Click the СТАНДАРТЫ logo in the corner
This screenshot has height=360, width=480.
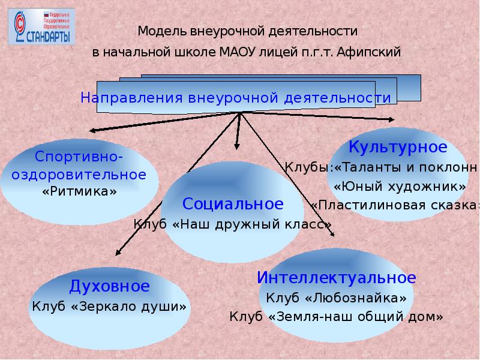pyautogui.click(x=41, y=28)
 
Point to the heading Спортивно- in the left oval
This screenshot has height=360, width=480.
pyautogui.click(x=79, y=157)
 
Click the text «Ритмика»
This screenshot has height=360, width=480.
pyautogui.click(x=79, y=191)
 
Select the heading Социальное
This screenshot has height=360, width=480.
pyautogui.click(x=233, y=204)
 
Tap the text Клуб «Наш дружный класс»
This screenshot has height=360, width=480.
pyautogui.click(x=232, y=224)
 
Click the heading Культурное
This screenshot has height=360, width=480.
pyautogui.click(x=398, y=146)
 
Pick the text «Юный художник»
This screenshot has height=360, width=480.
pyautogui.click(x=400, y=186)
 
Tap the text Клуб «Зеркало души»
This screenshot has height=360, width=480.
pyautogui.click(x=110, y=306)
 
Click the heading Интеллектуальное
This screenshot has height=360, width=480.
pyautogui.click(x=336, y=278)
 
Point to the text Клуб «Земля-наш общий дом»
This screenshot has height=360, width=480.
pyautogui.click(x=336, y=316)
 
